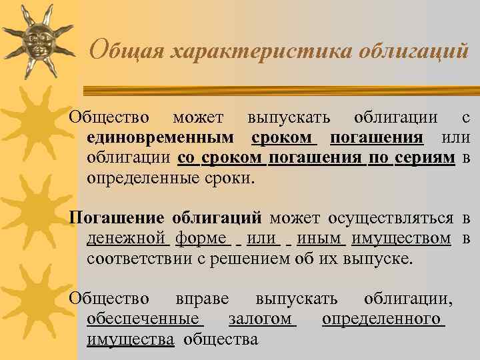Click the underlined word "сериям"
coord(425,158)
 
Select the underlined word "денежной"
coord(126,238)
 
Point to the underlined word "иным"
coord(321,238)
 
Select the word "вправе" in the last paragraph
coord(203,299)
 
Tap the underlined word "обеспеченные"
coord(143,319)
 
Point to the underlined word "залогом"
coord(260,319)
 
